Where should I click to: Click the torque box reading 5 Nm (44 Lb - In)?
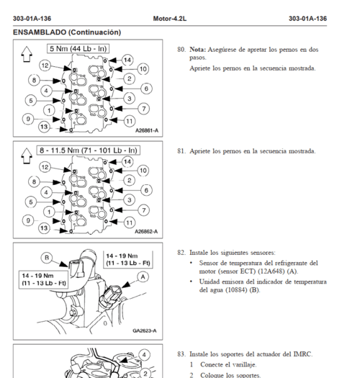(78, 49)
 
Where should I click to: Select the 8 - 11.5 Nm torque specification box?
(89, 150)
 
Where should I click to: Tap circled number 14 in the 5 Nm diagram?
(127, 60)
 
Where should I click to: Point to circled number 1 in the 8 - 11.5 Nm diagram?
(49, 212)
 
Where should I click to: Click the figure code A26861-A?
(147, 130)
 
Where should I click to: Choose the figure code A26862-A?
(146, 232)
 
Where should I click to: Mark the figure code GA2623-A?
(145, 330)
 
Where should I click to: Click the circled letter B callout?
(47, 258)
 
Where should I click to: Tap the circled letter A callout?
(143, 277)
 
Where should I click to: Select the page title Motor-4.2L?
(170, 19)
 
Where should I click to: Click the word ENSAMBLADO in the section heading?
(40, 32)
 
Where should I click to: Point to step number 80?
(181, 50)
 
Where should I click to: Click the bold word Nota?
(198, 50)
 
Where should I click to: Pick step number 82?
(181, 253)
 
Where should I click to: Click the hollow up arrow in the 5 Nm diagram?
(27, 54)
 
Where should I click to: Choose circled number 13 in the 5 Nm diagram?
(44, 127)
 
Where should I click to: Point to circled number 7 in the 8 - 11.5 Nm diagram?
(144, 210)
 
